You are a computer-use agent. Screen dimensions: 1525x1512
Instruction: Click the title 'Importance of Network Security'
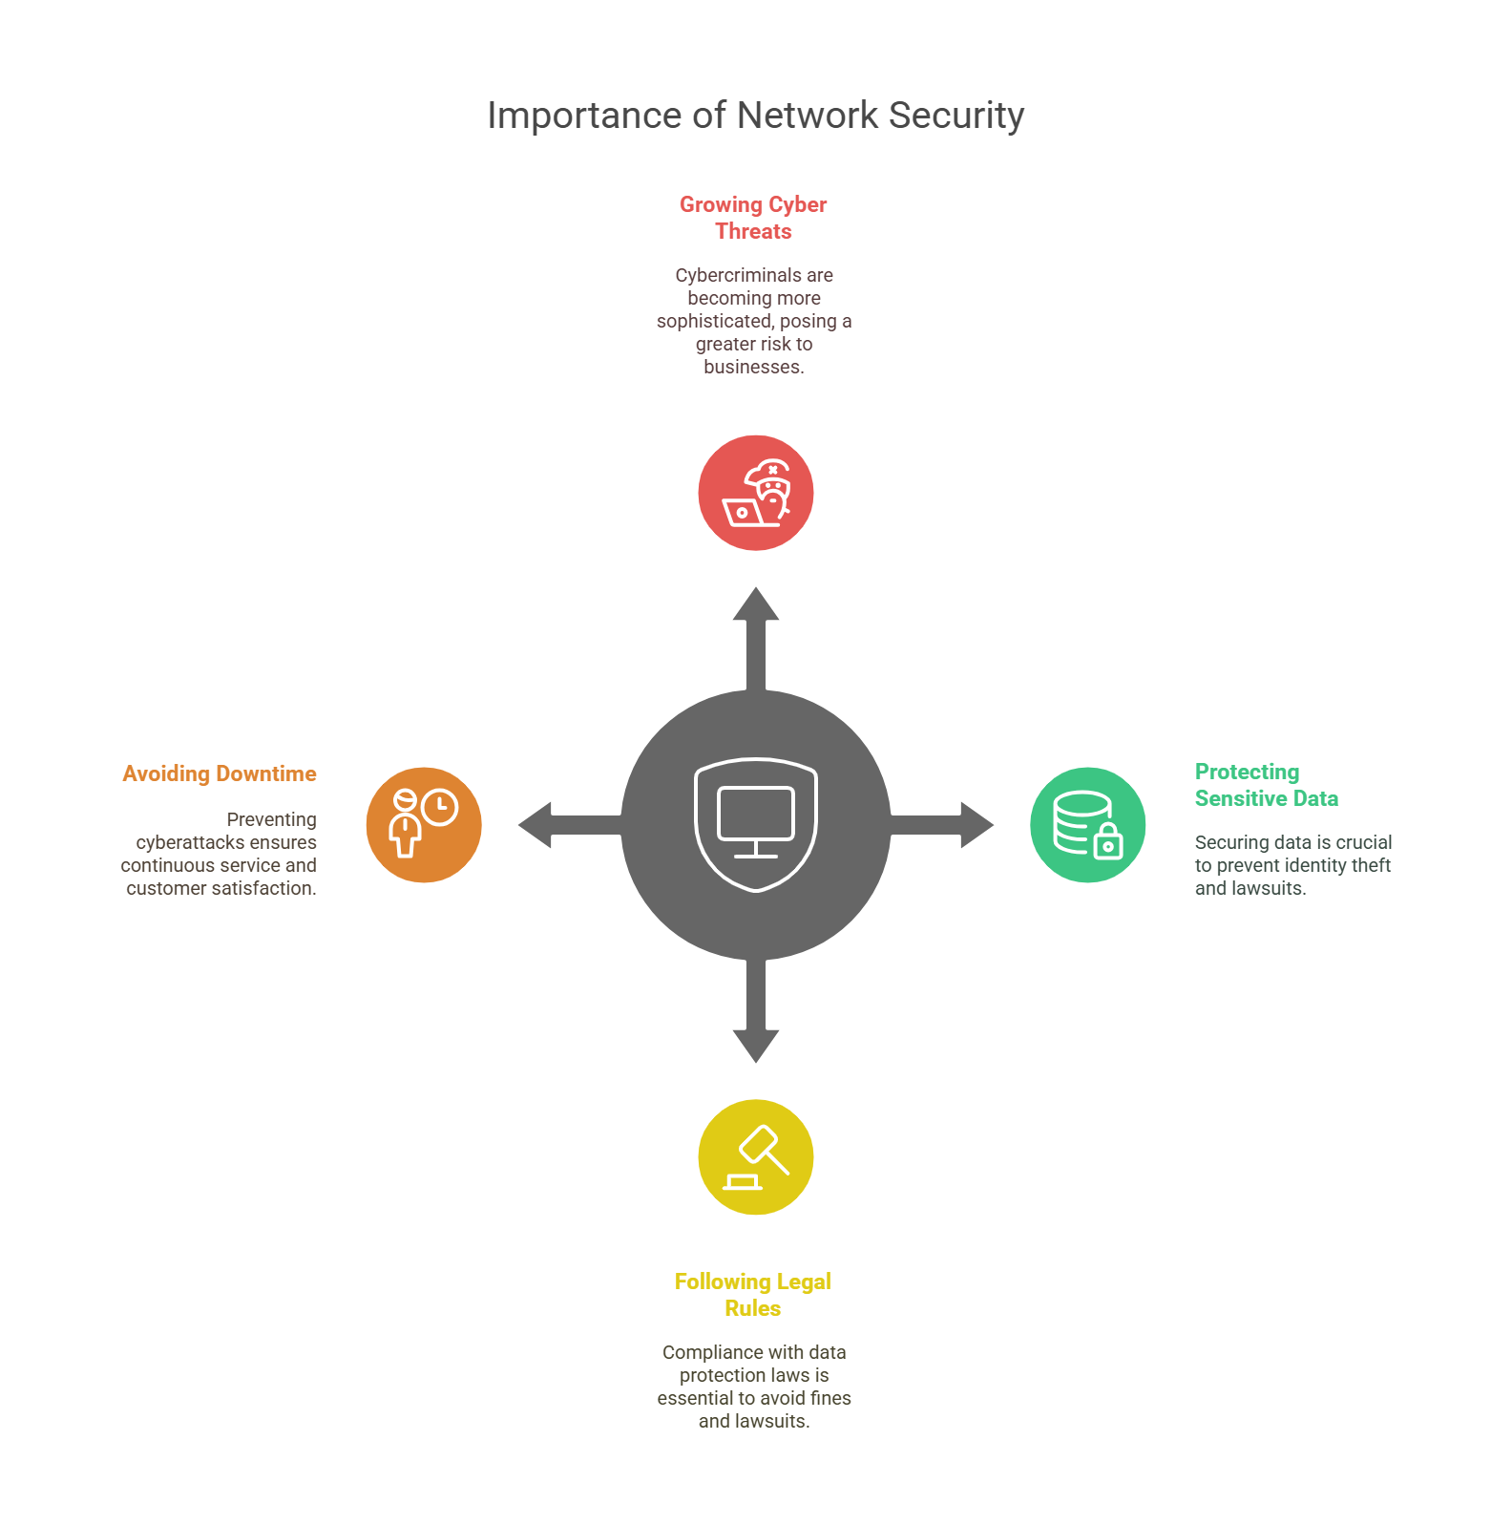click(755, 116)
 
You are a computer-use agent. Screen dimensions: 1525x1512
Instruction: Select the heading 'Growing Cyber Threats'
click(753, 218)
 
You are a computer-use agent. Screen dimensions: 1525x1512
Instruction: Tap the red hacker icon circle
click(755, 493)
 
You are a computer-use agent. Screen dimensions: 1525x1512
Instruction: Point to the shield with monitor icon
click(756, 824)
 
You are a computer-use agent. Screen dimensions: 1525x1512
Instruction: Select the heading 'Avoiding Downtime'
click(220, 773)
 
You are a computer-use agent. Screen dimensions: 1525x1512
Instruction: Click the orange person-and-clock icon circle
click(424, 825)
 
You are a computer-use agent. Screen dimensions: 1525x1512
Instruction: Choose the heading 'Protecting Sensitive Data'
click(1266, 785)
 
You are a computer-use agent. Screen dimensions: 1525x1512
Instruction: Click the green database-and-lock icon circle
click(1087, 825)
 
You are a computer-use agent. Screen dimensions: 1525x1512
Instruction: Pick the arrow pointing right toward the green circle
click(945, 825)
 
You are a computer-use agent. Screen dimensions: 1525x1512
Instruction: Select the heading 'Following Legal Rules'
click(753, 1295)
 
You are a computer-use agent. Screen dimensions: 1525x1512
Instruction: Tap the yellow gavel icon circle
click(755, 1157)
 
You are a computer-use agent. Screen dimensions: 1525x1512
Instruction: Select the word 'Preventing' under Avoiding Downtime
click(271, 819)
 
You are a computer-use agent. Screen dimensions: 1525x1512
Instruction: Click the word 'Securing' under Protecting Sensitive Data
click(1228, 842)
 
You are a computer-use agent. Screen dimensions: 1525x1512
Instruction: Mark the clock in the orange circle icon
click(440, 808)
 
